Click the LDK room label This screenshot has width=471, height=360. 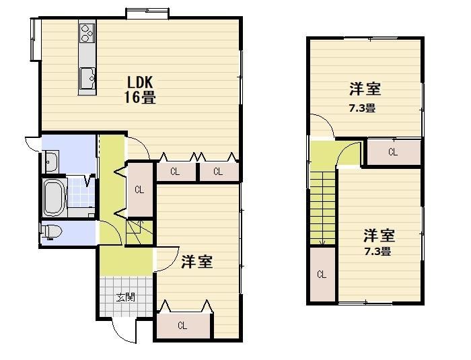coord(140,81)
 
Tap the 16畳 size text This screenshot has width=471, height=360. coord(140,97)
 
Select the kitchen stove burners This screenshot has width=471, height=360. coord(87,32)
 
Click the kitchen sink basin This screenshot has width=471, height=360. coord(87,78)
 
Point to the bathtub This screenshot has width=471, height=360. coord(55,198)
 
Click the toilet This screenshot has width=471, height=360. coord(51,231)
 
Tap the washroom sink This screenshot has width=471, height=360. coord(51,161)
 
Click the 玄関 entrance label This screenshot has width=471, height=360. coord(126,297)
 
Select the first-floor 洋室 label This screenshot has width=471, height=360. coord(197,262)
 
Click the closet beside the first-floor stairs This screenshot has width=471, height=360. coord(139,190)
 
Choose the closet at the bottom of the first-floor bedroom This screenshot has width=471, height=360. coord(182,326)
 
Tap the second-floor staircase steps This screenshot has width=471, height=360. coord(322,208)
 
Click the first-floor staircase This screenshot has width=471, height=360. coord(139,232)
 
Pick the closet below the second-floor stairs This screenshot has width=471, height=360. coord(322,275)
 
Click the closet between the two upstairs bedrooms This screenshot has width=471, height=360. coord(394,152)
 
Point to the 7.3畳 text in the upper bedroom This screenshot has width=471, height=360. coord(362,108)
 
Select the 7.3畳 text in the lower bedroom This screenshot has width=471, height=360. coord(377,251)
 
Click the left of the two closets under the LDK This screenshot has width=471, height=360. coord(176,172)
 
